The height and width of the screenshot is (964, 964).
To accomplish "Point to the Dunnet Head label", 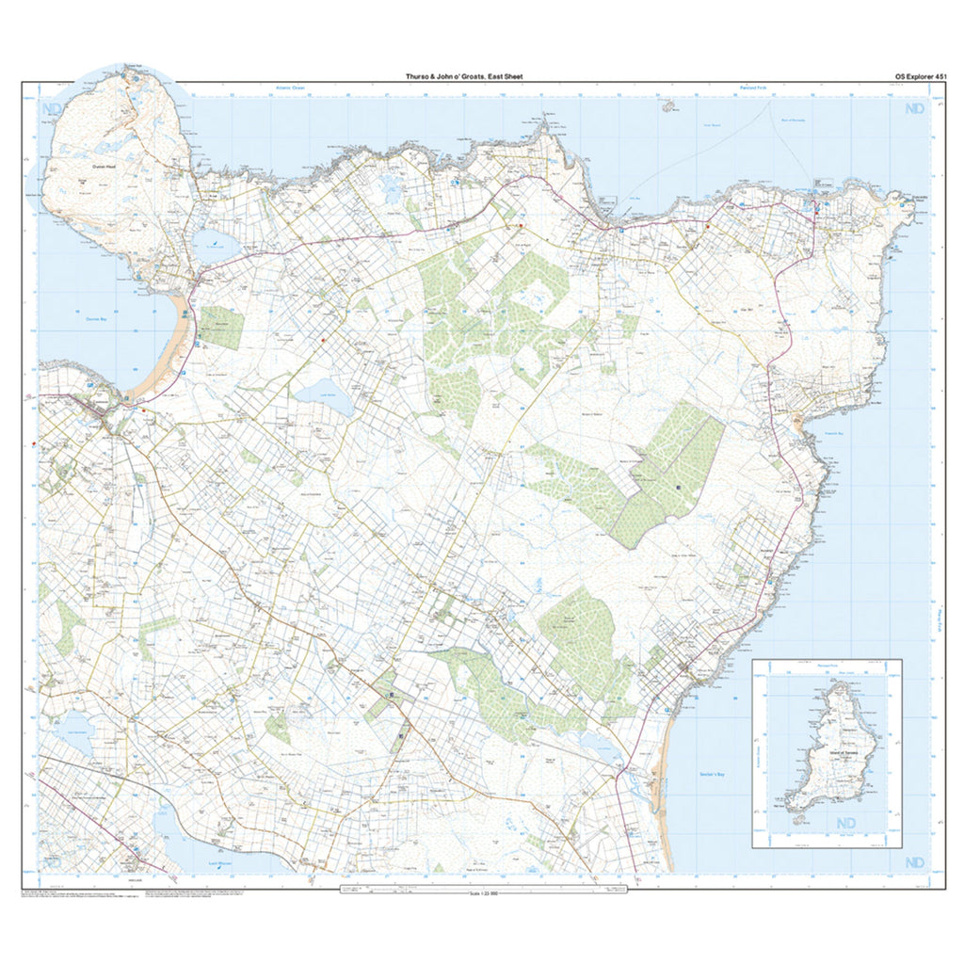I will click(x=104, y=167).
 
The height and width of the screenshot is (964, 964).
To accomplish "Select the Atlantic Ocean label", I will click(x=291, y=88).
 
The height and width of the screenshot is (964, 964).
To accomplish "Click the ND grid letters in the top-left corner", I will click(x=53, y=110).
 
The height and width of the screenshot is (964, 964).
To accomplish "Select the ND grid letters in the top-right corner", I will click(x=913, y=110).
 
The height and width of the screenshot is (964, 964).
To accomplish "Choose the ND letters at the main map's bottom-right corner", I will click(x=913, y=862).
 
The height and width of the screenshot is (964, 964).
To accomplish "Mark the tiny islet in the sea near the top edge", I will click(x=669, y=106).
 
